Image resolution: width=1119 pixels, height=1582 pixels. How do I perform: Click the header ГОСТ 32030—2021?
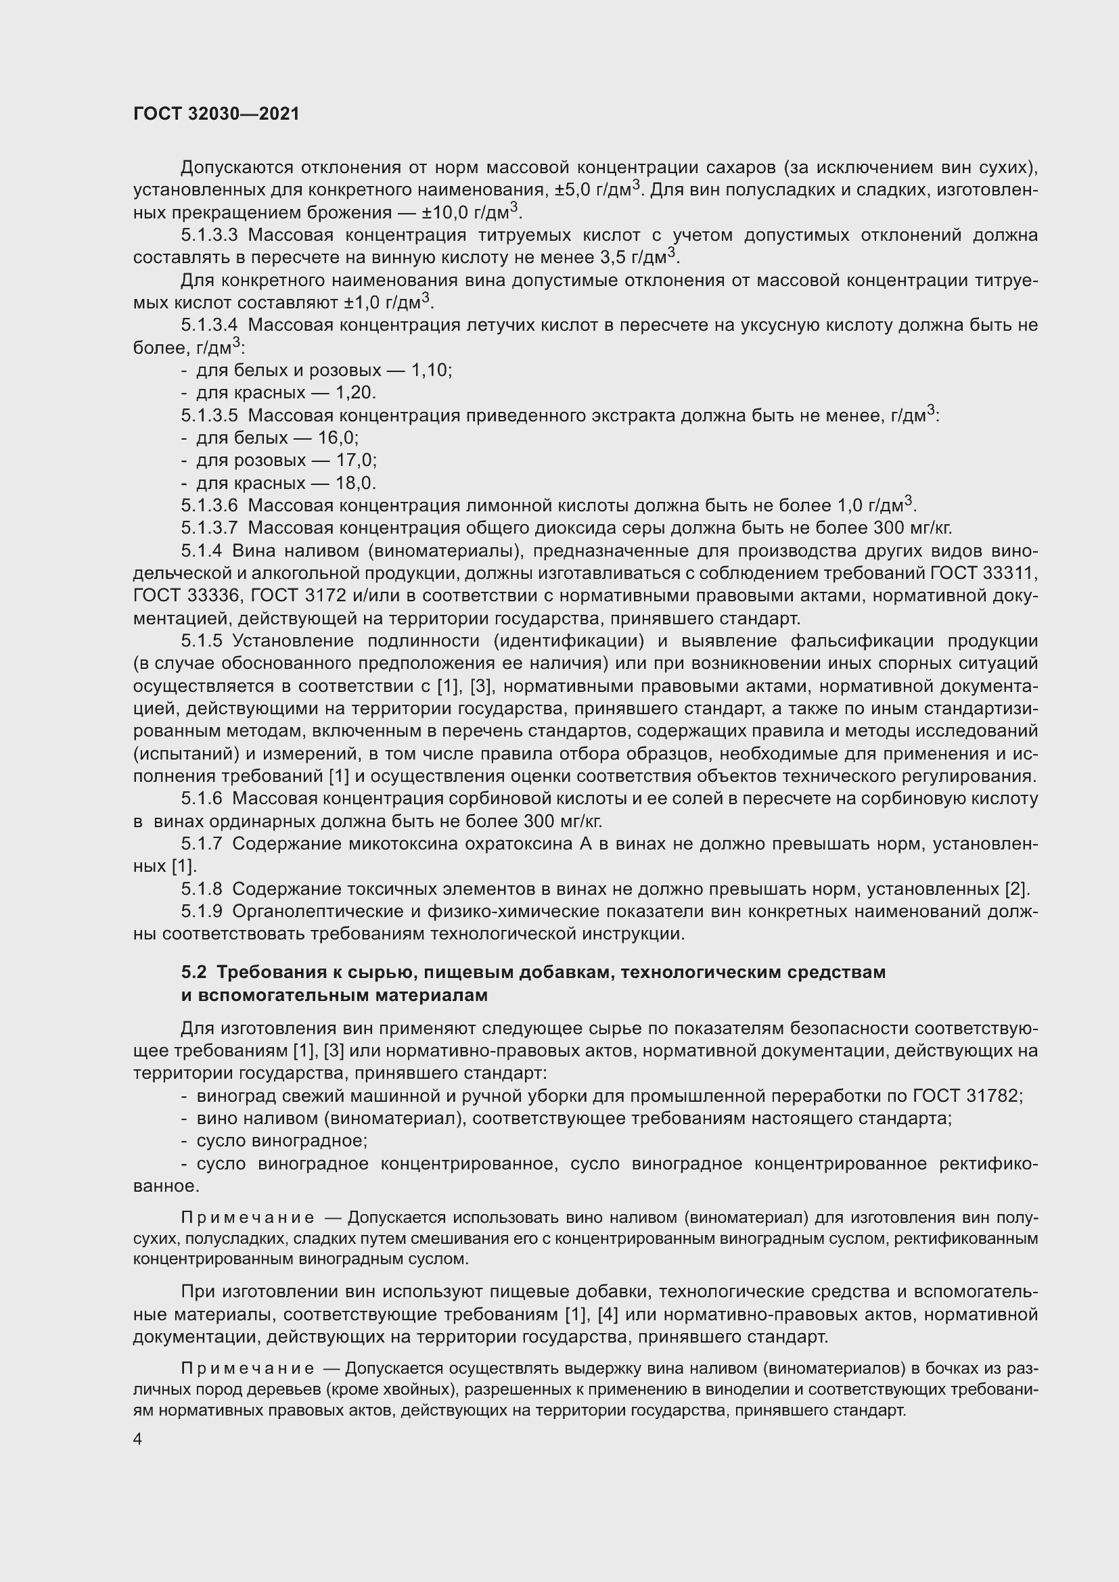tap(216, 114)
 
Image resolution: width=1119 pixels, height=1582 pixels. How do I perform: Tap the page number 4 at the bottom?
tap(138, 1439)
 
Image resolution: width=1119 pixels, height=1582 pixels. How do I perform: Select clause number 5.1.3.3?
tap(209, 235)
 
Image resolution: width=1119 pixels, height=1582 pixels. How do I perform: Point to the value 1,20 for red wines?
tap(355, 393)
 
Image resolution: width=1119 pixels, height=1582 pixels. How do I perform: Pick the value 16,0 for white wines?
tap(338, 438)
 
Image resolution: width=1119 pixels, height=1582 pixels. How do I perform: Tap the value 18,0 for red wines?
tap(356, 483)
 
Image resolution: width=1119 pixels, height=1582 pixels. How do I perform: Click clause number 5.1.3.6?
tap(209, 506)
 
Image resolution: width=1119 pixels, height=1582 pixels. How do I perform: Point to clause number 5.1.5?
tap(201, 641)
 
